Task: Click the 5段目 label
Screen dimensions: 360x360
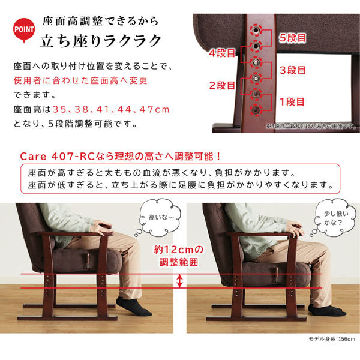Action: pos(292,38)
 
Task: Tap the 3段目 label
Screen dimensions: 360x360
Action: pos(292,70)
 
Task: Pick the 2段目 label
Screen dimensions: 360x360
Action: pos(221,85)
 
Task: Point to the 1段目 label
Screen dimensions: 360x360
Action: pos(292,101)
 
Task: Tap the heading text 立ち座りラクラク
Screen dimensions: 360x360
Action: pos(101,41)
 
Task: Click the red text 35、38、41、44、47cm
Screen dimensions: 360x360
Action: pos(111,109)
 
